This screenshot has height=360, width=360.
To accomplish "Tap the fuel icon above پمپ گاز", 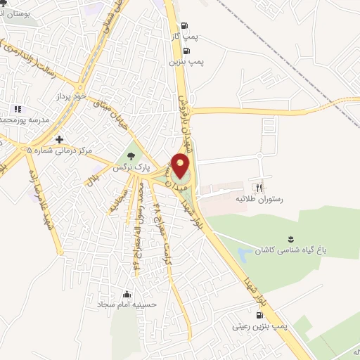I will pos(185,25).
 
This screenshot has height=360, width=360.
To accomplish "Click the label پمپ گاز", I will pos(184,35).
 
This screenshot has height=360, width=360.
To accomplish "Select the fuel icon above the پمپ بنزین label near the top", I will pos(186,51).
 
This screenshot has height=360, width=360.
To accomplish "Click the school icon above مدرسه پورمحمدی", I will pos(18,109).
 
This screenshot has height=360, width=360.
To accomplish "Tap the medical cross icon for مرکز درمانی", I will pos(60,139).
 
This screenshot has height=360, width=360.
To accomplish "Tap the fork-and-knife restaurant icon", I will pos(259,188).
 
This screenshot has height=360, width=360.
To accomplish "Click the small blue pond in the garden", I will pos(245,252).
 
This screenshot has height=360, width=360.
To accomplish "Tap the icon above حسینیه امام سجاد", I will pos(127,294).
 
